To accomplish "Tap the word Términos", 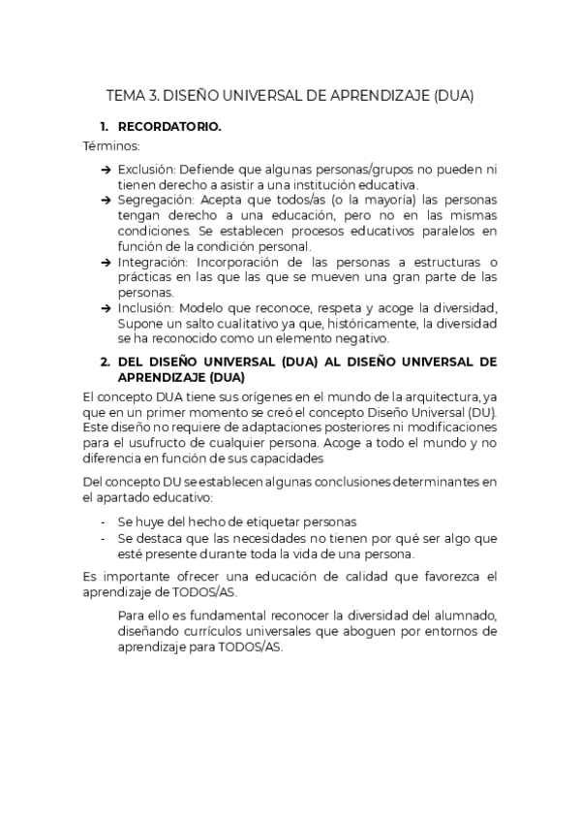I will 111,146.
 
